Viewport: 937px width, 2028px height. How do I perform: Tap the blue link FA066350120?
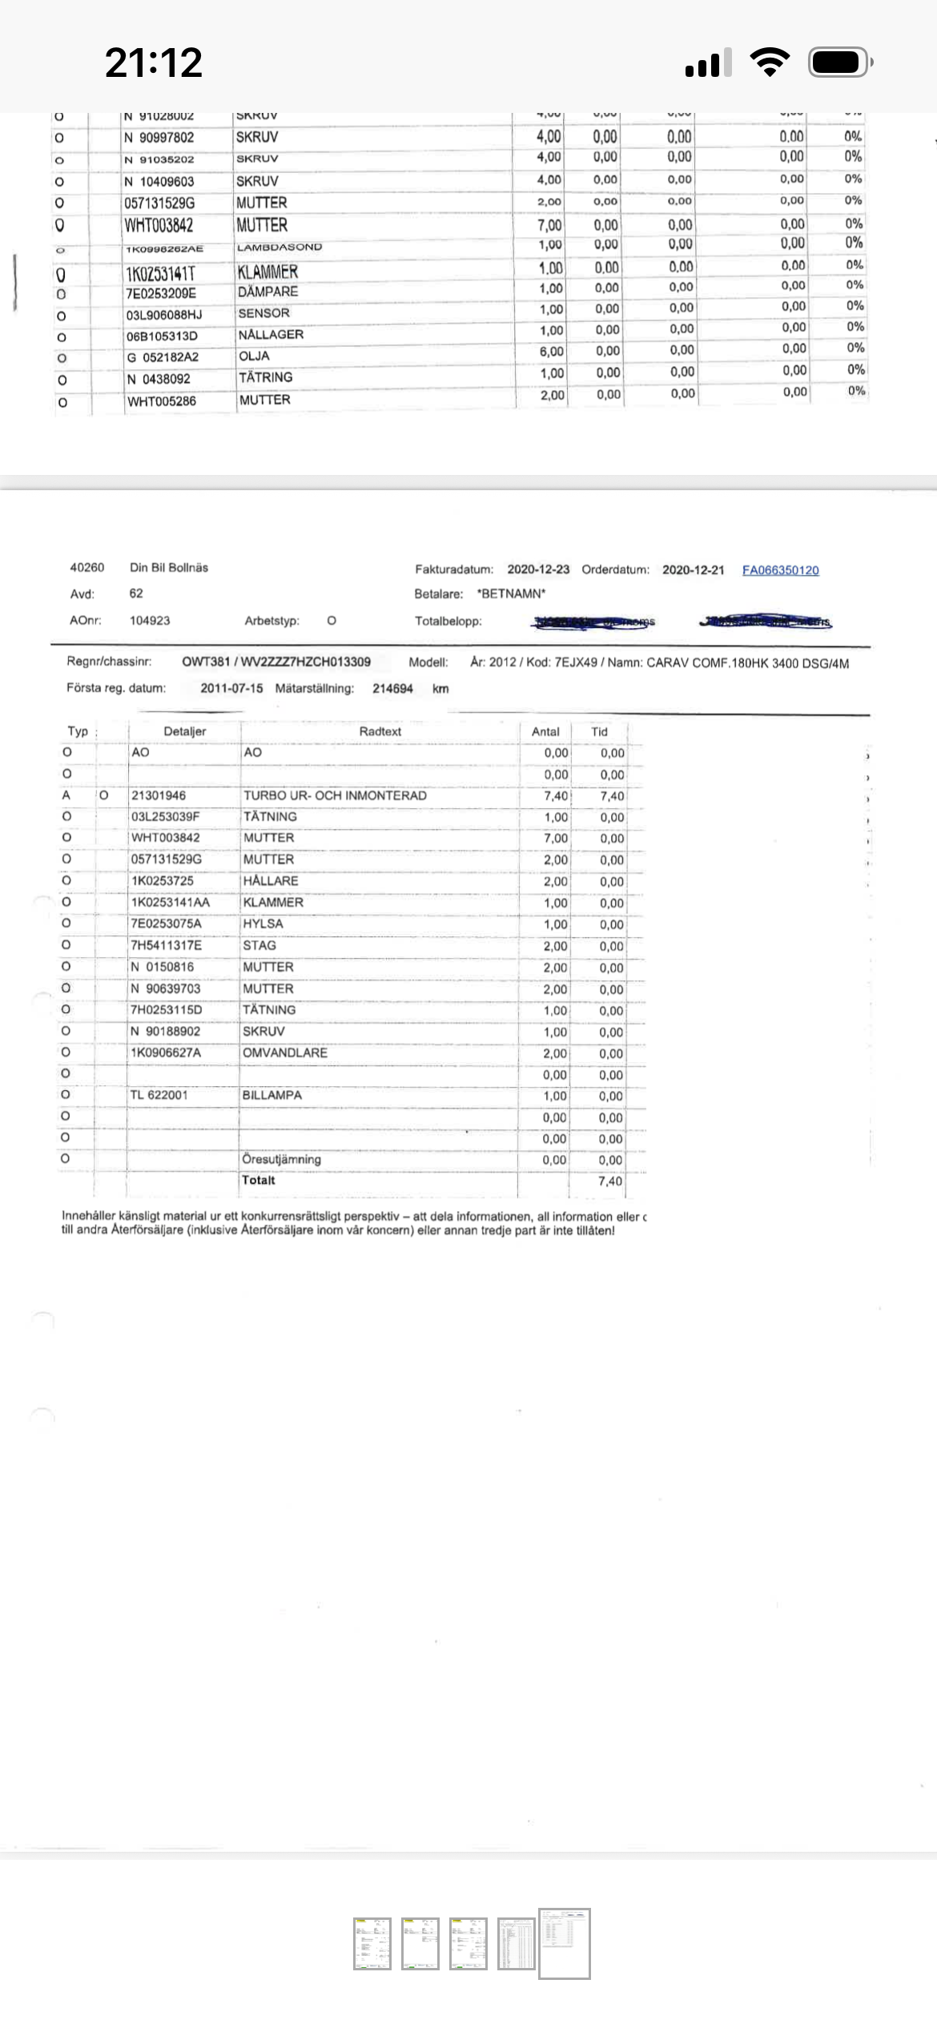[x=780, y=570]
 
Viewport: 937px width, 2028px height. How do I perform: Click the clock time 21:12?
[x=154, y=62]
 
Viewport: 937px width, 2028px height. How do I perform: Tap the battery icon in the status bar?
[x=839, y=62]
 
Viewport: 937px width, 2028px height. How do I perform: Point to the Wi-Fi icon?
[x=770, y=62]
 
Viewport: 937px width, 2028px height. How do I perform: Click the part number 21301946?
[x=159, y=795]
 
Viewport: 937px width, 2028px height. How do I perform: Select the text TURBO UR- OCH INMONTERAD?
[x=335, y=795]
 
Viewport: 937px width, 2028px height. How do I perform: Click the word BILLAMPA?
[x=272, y=1095]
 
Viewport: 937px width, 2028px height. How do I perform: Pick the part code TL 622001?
[x=159, y=1095]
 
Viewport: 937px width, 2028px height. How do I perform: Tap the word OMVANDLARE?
[x=285, y=1052]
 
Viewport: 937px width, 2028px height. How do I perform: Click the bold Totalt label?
[x=259, y=1180]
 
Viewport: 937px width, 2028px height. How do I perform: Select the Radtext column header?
[x=380, y=731]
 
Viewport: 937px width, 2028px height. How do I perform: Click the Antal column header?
[x=545, y=731]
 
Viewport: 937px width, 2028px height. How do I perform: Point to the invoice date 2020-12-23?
[x=538, y=569]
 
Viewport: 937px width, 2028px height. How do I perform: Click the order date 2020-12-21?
[x=693, y=570]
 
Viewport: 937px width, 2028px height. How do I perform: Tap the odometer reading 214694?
[x=392, y=689]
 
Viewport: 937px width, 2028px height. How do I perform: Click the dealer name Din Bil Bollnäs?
[x=169, y=568]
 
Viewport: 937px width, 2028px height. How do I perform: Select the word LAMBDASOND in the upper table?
[x=279, y=247]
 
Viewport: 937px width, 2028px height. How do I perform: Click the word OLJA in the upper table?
[x=254, y=356]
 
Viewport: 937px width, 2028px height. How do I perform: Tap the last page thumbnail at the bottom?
[x=565, y=1943]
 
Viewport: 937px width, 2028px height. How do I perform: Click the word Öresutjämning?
[x=281, y=1159]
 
